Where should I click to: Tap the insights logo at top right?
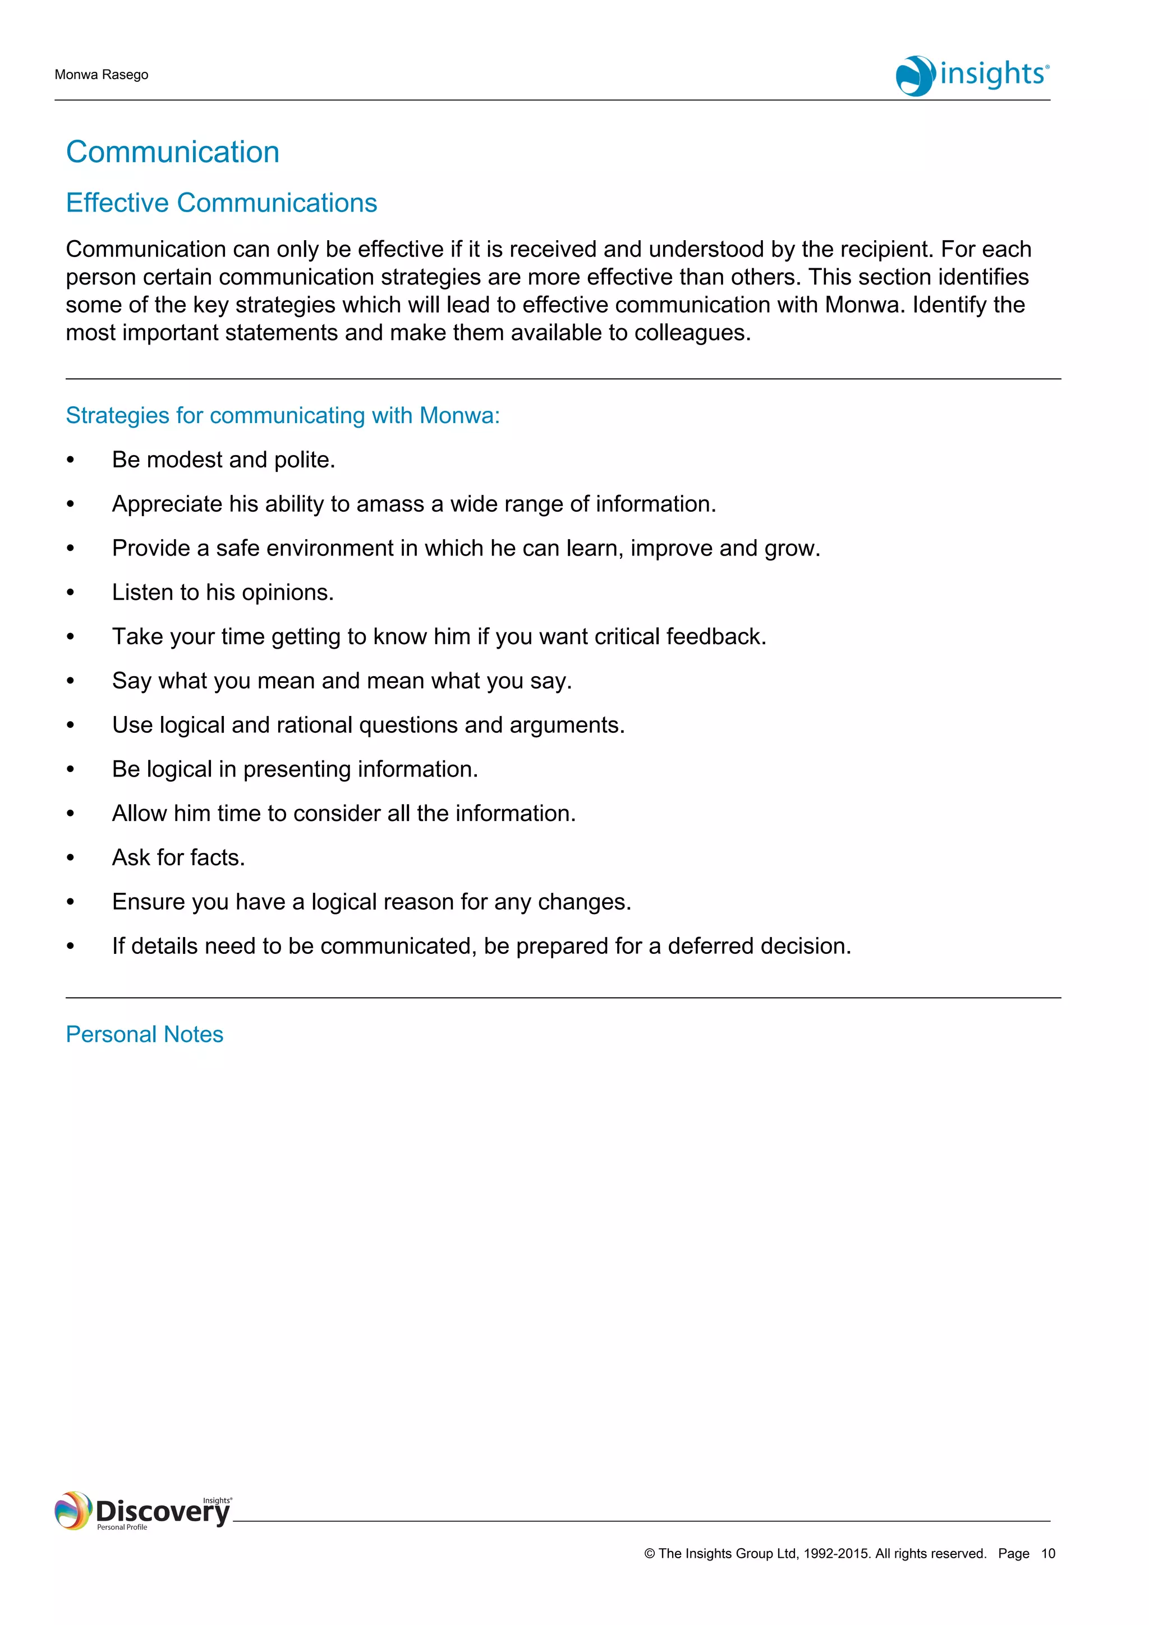click(973, 75)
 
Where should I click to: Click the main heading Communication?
click(173, 152)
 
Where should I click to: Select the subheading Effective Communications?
click(222, 203)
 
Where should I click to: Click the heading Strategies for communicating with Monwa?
click(282, 415)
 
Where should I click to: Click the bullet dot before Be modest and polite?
click(70, 461)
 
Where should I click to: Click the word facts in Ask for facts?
click(217, 858)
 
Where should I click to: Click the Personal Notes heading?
click(144, 1035)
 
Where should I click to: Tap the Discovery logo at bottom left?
click(144, 1511)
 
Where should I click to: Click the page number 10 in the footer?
click(1048, 1554)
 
